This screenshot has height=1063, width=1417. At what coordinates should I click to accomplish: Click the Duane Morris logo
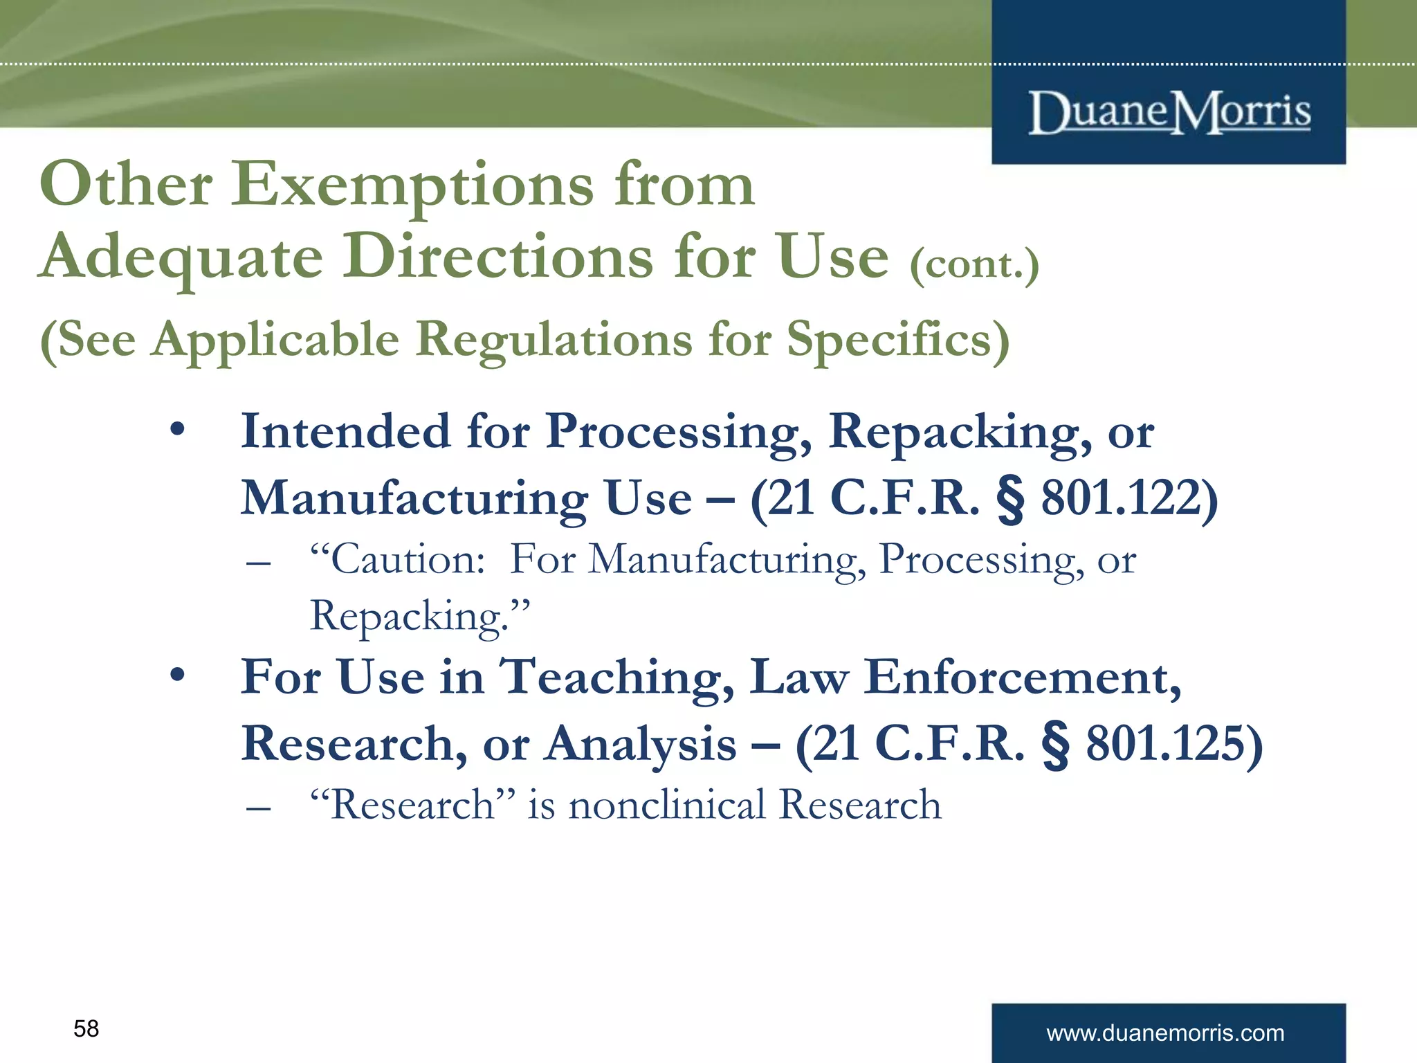(x=1169, y=112)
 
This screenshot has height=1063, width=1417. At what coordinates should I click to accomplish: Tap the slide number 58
(x=86, y=1028)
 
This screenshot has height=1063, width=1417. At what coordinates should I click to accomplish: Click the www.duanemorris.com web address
(x=1165, y=1033)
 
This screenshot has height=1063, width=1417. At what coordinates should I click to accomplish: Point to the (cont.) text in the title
(x=974, y=264)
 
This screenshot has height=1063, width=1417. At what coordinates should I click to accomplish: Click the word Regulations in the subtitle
(x=554, y=339)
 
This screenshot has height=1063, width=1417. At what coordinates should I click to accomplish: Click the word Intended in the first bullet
(x=345, y=431)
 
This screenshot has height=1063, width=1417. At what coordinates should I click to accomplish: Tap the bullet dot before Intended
(x=178, y=430)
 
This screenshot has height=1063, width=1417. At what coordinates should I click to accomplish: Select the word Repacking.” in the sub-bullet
(x=419, y=616)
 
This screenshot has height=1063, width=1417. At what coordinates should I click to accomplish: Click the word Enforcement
(x=1022, y=677)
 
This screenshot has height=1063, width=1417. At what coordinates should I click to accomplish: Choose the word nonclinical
(x=667, y=805)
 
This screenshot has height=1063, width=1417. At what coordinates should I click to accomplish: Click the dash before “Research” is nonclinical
(x=258, y=807)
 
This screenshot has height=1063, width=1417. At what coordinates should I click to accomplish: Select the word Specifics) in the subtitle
(x=898, y=339)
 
